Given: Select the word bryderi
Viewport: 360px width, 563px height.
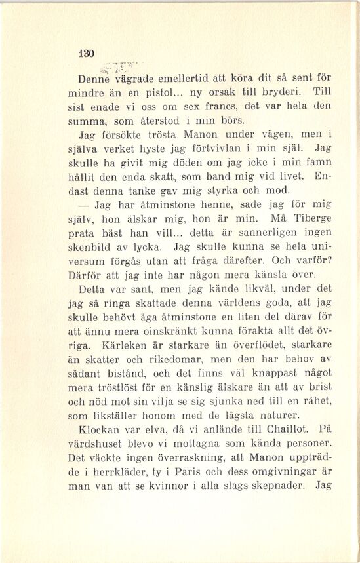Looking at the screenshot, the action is tap(289, 91).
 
